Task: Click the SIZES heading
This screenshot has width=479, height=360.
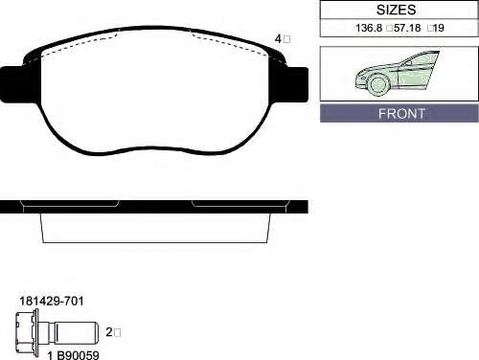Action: click(x=396, y=10)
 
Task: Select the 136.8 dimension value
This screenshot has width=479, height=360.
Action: click(x=369, y=28)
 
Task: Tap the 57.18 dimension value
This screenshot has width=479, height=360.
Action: click(x=407, y=28)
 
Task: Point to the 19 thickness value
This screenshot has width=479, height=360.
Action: click(x=439, y=28)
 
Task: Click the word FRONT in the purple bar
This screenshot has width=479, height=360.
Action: click(x=401, y=114)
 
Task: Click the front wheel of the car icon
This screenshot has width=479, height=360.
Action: click(x=378, y=84)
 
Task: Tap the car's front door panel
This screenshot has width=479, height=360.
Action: click(x=414, y=75)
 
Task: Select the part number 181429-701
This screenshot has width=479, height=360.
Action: click(x=52, y=301)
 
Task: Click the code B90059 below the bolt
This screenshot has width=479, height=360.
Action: click(x=79, y=355)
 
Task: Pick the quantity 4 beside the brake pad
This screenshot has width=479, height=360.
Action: click(x=278, y=39)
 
